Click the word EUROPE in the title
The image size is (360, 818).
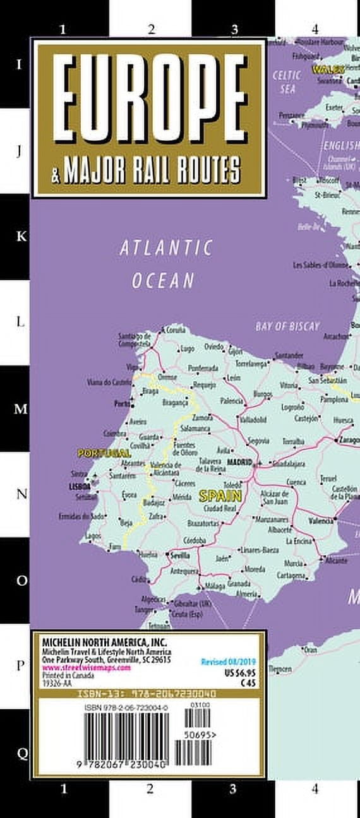click(x=149, y=98)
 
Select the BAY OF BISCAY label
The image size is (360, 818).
click(x=287, y=326)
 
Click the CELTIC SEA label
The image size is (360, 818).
click(x=287, y=81)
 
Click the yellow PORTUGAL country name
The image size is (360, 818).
click(x=104, y=453)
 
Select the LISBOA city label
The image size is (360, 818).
click(x=80, y=487)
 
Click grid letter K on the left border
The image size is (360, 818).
click(x=21, y=236)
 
